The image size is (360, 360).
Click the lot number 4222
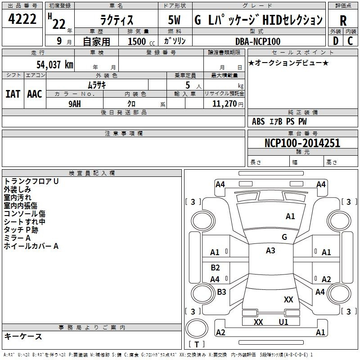22,19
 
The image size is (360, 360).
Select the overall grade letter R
343,21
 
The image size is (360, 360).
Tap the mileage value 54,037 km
55,65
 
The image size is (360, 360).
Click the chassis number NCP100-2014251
302,143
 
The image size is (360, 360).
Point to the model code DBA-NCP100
258,41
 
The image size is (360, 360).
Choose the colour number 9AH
75,104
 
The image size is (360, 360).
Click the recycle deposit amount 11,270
224,104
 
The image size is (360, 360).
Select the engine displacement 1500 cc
141,41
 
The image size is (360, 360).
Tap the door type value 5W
174,20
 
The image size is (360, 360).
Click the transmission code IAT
13,94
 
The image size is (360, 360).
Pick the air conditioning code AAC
35,94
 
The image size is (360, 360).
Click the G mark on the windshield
284,237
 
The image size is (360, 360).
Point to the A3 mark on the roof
270,251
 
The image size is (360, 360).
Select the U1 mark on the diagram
283,322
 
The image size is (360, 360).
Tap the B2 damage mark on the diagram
215,267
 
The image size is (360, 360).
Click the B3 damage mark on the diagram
221,292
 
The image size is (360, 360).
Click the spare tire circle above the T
197,328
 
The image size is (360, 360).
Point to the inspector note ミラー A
17,238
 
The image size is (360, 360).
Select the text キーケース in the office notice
23,336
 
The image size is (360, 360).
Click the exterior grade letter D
336,41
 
